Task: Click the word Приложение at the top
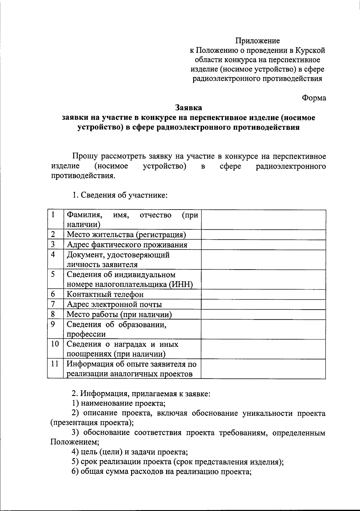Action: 257,41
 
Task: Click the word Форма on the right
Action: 314,98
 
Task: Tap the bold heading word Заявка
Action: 188,107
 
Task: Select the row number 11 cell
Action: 55,368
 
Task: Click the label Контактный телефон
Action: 105,294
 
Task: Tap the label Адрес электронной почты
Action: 114,304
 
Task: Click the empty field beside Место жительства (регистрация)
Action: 263,234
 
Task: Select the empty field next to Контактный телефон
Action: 263,294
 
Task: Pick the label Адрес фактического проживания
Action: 127,245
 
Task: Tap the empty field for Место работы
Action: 263,314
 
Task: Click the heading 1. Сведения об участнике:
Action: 119,195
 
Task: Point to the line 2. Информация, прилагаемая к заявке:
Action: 141,393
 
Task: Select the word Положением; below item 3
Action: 75,442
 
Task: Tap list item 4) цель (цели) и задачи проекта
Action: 130,452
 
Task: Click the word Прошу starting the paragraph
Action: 85,156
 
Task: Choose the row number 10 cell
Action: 55,349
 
